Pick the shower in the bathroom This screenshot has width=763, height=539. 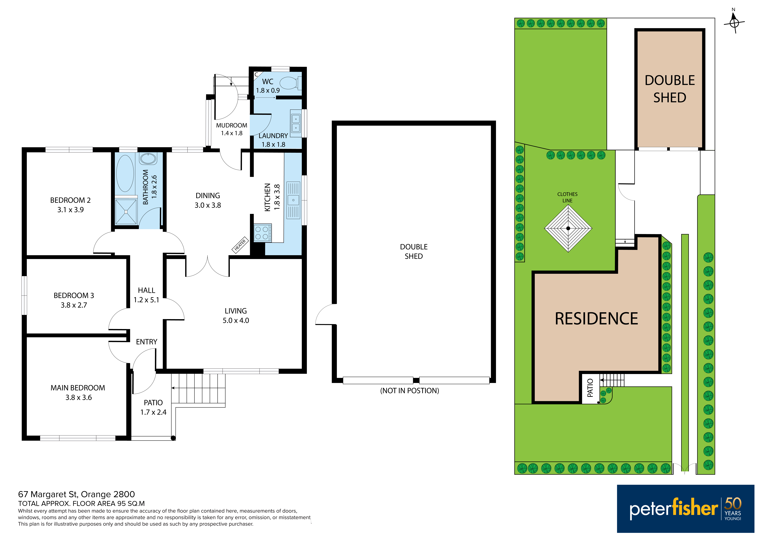[126, 211]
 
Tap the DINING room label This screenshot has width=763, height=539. [208, 195]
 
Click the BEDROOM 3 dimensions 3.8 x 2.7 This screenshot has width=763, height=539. [74, 305]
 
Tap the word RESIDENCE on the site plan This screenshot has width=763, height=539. [596, 319]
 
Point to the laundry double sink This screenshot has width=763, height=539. [295, 123]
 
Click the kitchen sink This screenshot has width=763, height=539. [293, 200]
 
